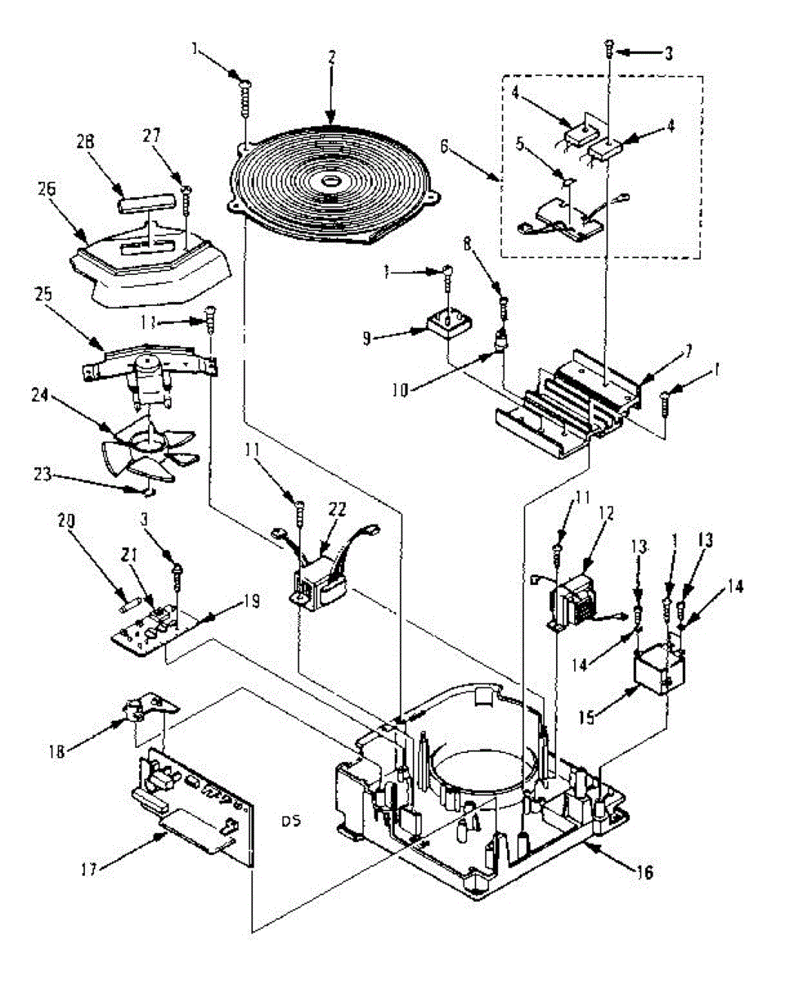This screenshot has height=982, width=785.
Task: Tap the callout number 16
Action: click(x=645, y=873)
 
